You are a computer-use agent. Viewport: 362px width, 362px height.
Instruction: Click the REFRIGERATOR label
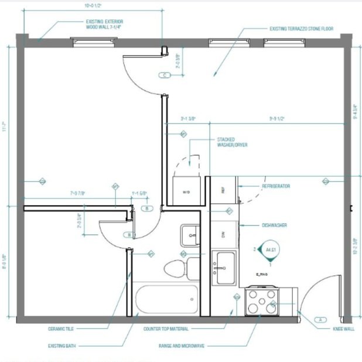pyautogui.click(x=276, y=186)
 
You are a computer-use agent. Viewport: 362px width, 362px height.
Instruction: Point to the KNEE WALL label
pyautogui.click(x=343, y=329)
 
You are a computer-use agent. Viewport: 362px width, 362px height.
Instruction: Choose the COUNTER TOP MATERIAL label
pyautogui.click(x=168, y=329)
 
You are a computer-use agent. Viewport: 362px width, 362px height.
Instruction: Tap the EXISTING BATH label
pyautogui.click(x=62, y=346)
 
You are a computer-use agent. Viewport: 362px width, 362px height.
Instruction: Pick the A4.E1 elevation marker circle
pyautogui.click(x=270, y=249)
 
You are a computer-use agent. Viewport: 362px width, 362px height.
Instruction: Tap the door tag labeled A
pyautogui.click(x=320, y=320)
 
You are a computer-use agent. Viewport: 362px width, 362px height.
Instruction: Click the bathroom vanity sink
pyautogui.click(x=190, y=235)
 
